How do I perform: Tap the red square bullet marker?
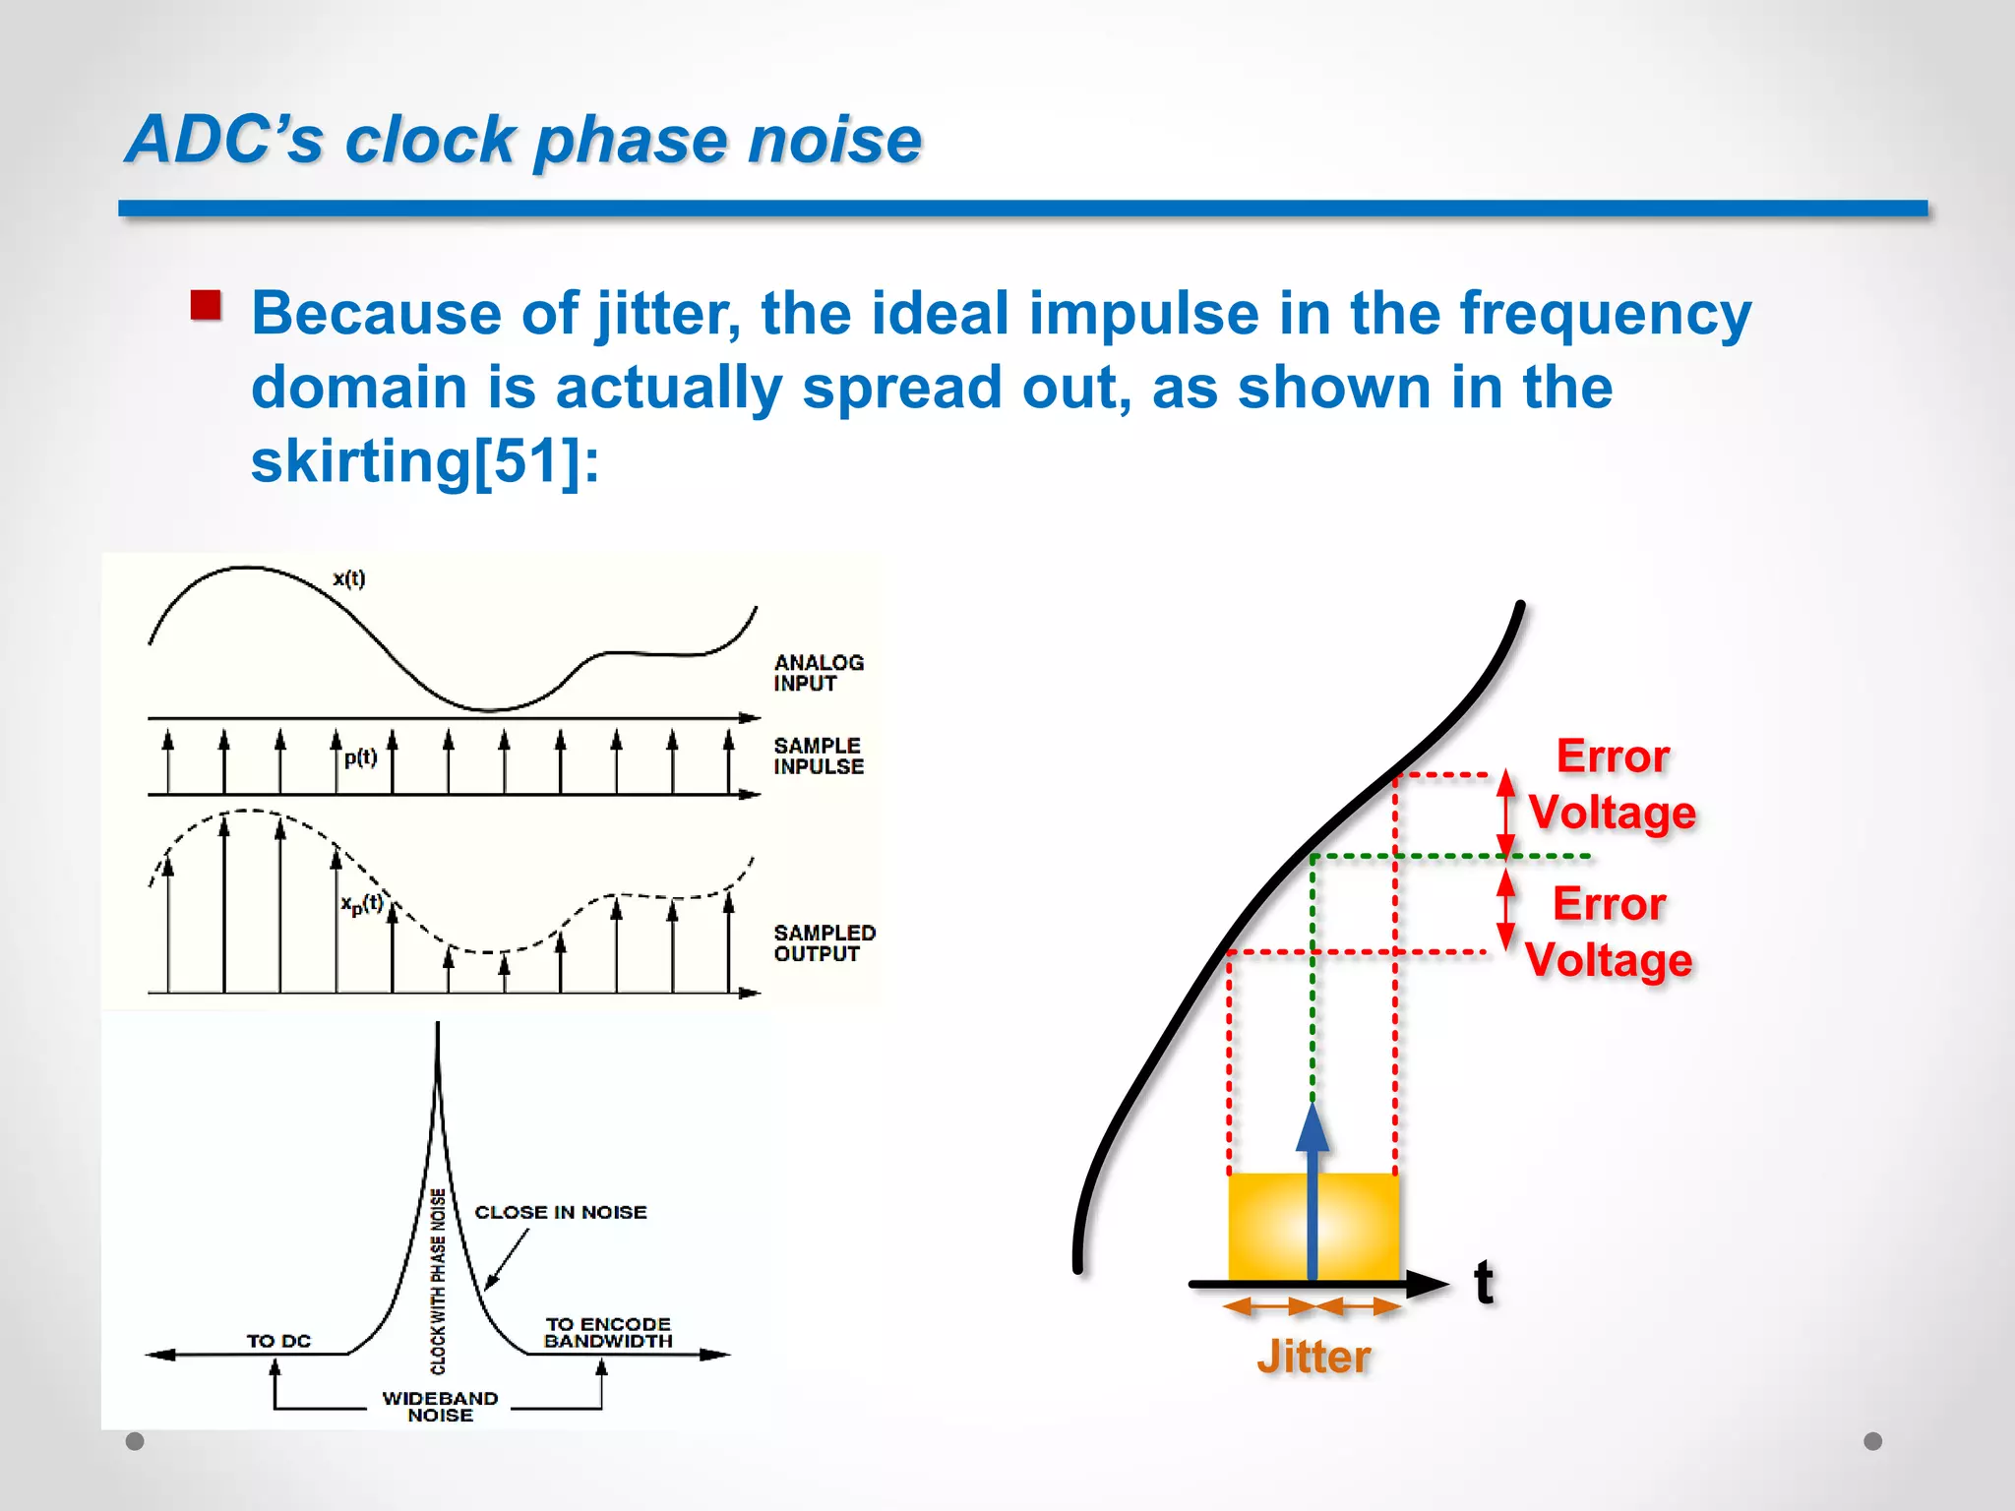(206, 306)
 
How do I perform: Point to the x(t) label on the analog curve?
(349, 578)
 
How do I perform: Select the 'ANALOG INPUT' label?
(819, 673)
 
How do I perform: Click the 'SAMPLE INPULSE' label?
(819, 756)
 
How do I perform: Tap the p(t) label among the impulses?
(361, 757)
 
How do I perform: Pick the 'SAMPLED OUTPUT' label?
(824, 942)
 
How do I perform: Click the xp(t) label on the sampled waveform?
(362, 904)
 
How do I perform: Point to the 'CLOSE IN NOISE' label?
(561, 1212)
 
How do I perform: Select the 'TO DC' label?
(278, 1341)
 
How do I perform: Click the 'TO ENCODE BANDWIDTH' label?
(608, 1333)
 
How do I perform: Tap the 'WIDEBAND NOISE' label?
(440, 1407)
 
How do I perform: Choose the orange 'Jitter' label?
(1313, 1358)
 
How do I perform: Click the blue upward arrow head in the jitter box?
(1313, 1128)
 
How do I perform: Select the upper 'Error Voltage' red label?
(1612, 784)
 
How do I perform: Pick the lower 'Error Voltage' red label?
(1609, 932)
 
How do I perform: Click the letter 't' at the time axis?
(1484, 1283)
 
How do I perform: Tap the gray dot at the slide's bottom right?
(1873, 1441)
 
